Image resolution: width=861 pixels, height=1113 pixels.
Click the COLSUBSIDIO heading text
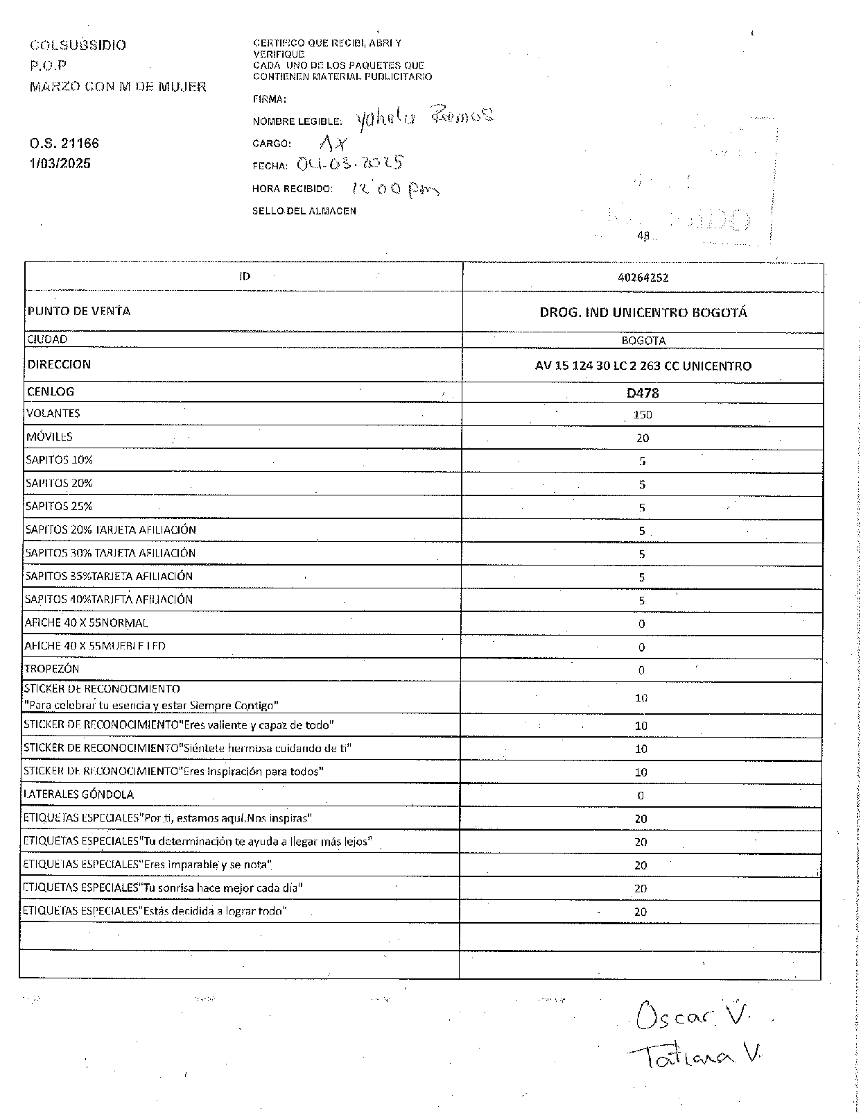point(78,46)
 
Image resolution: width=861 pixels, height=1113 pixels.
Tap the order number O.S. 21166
point(64,144)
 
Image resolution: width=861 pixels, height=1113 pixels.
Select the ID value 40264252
point(643,278)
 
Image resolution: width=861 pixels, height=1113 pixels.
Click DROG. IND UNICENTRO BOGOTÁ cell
point(643,313)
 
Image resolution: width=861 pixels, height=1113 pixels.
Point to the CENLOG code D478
point(643,393)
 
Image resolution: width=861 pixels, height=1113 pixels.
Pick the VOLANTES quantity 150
point(643,415)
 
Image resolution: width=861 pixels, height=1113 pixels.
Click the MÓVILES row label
point(49,437)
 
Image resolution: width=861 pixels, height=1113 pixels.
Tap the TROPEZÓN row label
point(52,669)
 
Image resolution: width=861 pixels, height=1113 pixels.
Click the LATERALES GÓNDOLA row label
point(79,795)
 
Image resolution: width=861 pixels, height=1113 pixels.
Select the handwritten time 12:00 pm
point(395,188)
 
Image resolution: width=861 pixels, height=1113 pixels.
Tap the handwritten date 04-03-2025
point(350,164)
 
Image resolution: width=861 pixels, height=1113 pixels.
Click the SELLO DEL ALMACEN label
point(304,211)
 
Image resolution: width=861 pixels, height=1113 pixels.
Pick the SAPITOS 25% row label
point(59,507)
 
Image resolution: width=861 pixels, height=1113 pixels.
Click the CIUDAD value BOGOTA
point(643,341)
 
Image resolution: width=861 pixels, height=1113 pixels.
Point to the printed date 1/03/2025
point(60,164)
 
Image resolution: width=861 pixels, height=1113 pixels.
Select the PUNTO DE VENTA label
point(79,311)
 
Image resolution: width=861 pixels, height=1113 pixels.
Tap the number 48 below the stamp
point(643,236)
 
